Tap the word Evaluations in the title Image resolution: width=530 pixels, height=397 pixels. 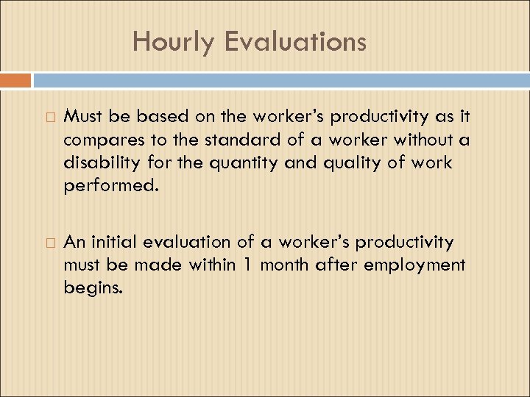tap(295, 42)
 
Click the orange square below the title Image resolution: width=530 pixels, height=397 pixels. tap(15, 80)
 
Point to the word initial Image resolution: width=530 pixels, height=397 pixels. tap(117, 242)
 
